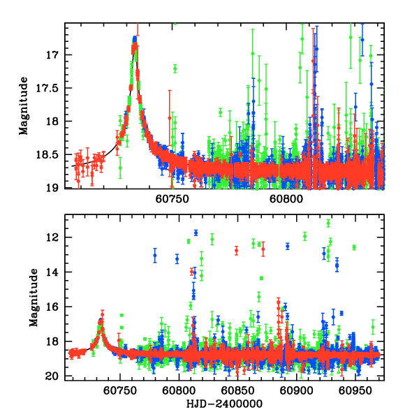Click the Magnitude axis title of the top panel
pos(24,105)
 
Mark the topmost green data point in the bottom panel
pos(328,223)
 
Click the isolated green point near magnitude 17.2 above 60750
pos(175,68)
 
